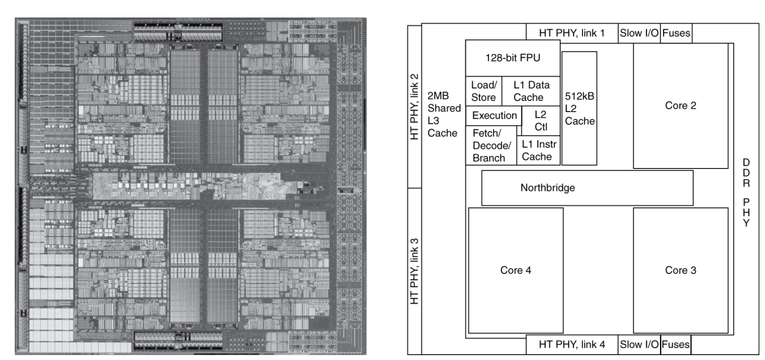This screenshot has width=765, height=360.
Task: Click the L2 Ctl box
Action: pyautogui.click(x=540, y=121)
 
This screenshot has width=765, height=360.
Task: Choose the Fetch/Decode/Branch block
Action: pyautogui.click(x=490, y=146)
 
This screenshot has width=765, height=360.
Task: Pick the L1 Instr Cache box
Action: pyautogui.click(x=538, y=150)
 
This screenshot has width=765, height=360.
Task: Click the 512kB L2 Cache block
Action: pyautogui.click(x=579, y=108)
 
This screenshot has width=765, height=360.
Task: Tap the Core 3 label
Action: pyautogui.click(x=680, y=270)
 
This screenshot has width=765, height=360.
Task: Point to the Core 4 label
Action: pyautogui.click(x=516, y=270)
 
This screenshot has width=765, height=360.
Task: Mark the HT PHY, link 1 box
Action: pyautogui.click(x=571, y=32)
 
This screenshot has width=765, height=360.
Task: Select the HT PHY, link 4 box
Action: pyautogui.click(x=571, y=345)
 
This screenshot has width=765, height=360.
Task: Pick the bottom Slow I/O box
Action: pyautogui.click(x=638, y=345)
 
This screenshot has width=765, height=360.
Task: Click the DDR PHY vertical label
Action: pyautogui.click(x=746, y=193)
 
